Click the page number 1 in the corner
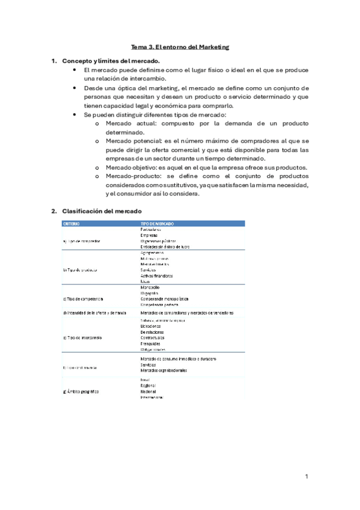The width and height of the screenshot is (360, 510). (x=306, y=476)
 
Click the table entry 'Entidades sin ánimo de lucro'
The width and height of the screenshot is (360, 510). (x=165, y=247)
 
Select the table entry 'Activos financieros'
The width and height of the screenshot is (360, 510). (x=156, y=275)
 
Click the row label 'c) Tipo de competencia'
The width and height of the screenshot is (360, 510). (x=83, y=298)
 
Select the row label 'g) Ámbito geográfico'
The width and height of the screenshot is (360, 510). (x=81, y=392)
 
